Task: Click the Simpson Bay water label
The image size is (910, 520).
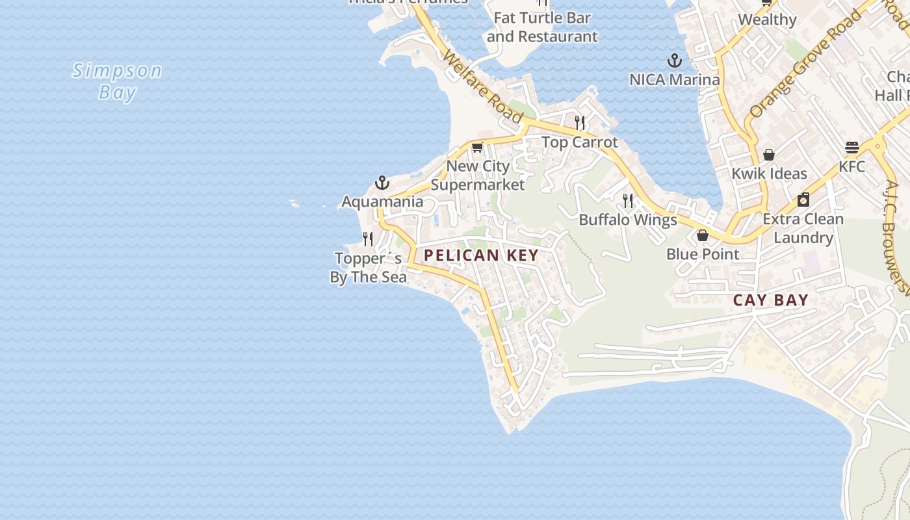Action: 117,81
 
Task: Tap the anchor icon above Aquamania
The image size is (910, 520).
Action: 382,183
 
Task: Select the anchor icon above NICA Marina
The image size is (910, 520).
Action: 675,61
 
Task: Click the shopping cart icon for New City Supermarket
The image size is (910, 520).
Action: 478,148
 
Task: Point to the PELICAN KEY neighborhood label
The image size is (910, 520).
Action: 481,255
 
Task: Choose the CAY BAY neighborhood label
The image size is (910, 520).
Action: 771,300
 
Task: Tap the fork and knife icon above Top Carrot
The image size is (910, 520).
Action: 580,122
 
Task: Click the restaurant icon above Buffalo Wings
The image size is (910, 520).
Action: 628,200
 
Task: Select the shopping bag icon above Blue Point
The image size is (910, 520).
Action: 703,235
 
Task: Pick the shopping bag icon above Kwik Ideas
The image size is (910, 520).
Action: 769,155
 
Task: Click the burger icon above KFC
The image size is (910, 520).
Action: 852,148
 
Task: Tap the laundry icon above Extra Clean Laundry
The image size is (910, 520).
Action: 803,200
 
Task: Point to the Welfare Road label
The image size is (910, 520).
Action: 482,86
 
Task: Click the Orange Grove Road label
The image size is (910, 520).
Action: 805,63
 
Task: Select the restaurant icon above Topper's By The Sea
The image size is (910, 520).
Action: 368,239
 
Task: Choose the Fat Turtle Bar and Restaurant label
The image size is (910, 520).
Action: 541,27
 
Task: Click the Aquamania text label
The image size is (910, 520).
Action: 382,202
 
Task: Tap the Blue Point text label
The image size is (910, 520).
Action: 703,254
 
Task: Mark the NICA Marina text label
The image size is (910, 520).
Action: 675,80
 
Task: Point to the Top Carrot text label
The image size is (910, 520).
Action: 580,142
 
